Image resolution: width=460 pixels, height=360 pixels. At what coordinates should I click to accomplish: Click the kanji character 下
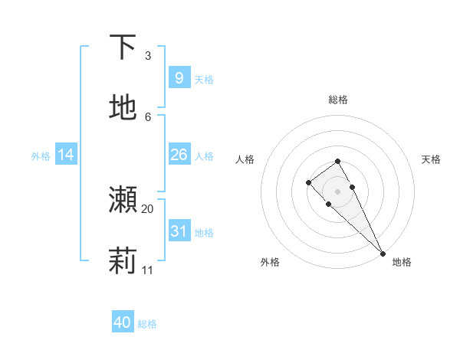(x=123, y=47)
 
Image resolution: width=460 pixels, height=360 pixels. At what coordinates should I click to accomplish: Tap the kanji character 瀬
(x=123, y=200)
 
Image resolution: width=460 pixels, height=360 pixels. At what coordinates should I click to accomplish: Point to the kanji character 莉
(x=123, y=261)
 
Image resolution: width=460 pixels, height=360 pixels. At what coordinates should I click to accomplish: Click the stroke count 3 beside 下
(x=148, y=55)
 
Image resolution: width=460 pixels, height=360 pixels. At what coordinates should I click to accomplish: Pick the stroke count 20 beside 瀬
(x=148, y=208)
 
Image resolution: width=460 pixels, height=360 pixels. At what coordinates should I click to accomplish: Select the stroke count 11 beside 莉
(x=148, y=270)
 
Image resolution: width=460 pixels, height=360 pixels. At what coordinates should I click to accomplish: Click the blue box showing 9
(x=179, y=78)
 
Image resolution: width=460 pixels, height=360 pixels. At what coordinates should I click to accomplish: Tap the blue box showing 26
(x=179, y=155)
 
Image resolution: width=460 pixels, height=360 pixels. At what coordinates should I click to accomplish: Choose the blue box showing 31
(x=179, y=231)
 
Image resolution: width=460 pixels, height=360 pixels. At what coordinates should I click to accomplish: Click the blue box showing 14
(x=66, y=155)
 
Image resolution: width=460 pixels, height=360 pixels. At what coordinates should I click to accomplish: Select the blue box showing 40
(x=123, y=322)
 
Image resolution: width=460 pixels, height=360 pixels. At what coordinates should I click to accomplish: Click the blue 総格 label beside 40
(x=147, y=324)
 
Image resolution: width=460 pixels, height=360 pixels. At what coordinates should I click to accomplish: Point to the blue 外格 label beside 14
(x=41, y=156)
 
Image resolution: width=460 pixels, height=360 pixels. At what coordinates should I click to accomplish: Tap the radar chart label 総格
(x=338, y=100)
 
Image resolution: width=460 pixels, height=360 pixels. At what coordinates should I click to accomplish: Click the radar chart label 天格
(x=431, y=159)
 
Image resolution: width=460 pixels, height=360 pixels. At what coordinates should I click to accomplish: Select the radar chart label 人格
(x=245, y=159)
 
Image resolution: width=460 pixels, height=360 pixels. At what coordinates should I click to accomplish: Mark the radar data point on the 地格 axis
(x=383, y=254)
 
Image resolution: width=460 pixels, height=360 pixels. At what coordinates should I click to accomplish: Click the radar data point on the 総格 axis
(x=337, y=161)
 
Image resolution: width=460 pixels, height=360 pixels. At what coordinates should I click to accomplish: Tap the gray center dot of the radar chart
(x=337, y=191)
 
